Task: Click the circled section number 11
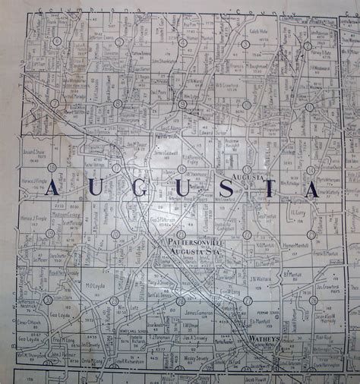pyautogui.click(x=309, y=107)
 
